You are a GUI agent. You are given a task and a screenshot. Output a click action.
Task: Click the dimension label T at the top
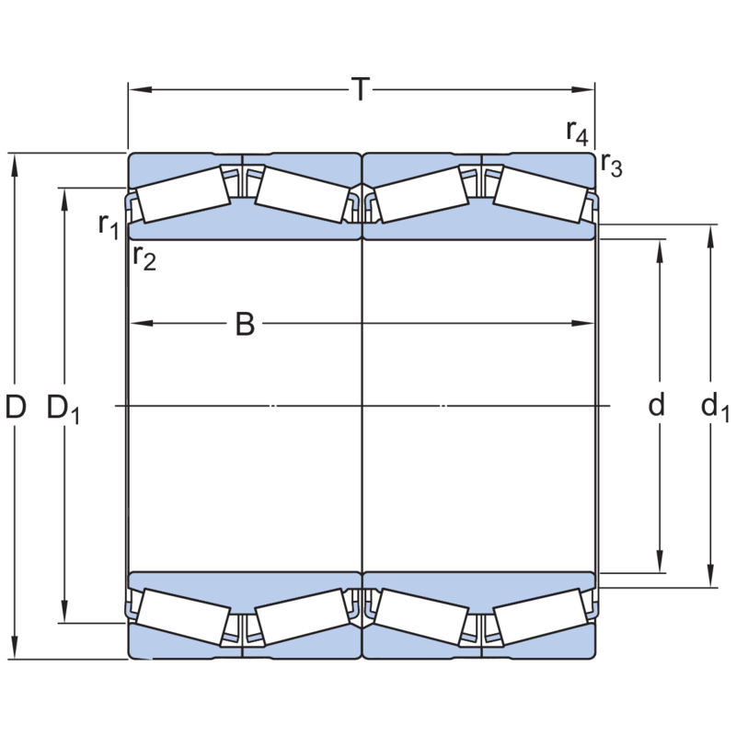[361, 90]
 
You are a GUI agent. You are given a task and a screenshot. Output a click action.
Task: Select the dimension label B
[244, 324]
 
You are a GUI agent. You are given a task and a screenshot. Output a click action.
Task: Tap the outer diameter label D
[16, 407]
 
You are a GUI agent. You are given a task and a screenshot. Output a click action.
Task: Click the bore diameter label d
[656, 406]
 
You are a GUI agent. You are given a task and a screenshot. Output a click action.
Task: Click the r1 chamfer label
[109, 224]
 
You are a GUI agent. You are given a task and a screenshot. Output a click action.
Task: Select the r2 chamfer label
[144, 258]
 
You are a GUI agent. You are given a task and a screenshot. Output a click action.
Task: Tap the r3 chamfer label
[611, 166]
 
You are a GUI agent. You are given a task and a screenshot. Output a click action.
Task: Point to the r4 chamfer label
[577, 132]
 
